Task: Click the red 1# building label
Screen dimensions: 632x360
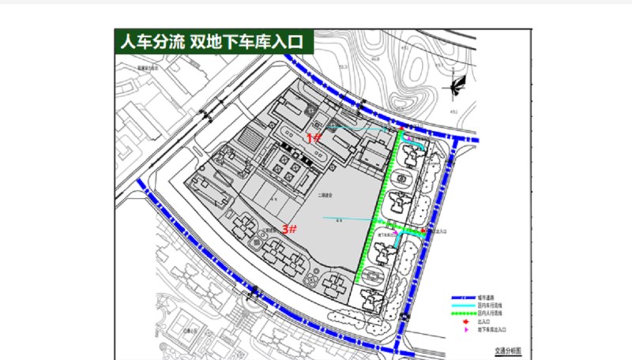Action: click(314, 137)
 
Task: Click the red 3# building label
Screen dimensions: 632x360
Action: click(289, 229)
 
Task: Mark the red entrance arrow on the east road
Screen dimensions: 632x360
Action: click(426, 231)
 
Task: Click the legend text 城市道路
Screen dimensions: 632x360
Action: click(487, 298)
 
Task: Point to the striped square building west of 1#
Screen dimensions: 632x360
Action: click(249, 140)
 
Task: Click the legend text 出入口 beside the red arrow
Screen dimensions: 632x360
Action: click(484, 322)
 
